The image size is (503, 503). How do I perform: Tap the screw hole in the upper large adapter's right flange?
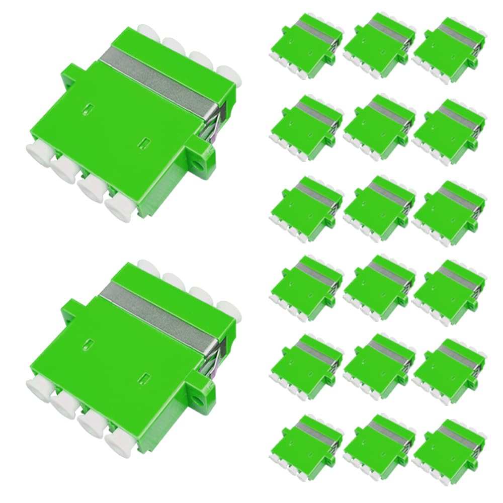point(205,162)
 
